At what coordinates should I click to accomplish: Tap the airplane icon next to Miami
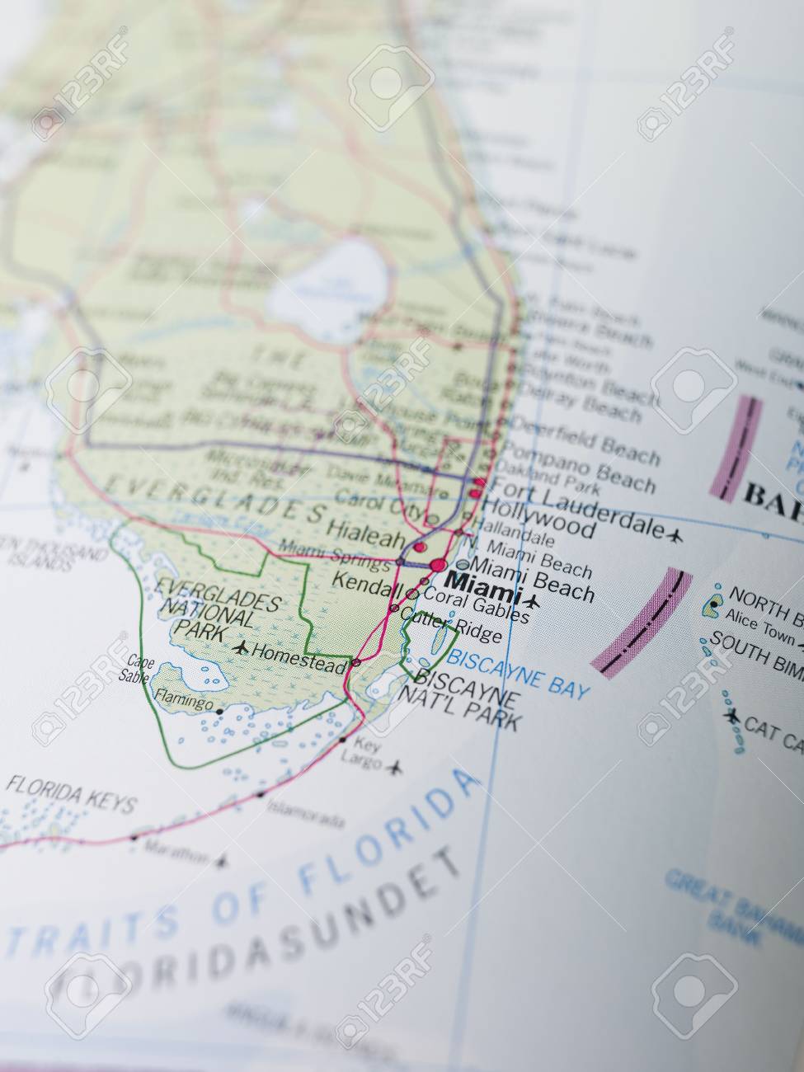(x=532, y=601)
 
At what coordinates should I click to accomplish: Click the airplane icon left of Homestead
(x=241, y=647)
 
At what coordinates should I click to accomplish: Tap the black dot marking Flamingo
(x=220, y=708)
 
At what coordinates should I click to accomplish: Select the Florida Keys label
(x=70, y=801)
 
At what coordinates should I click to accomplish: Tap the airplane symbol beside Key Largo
(x=396, y=768)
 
